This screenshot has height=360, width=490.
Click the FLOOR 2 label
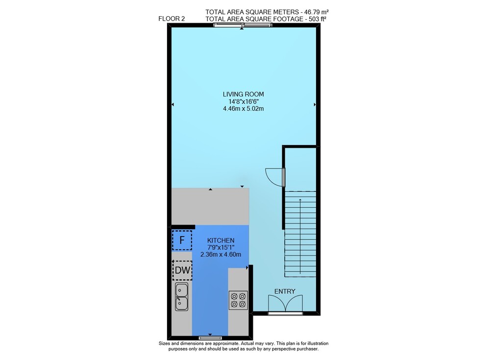tap(171, 19)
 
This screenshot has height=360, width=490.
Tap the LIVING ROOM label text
tap(243, 94)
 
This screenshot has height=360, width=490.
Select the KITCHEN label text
tap(220, 240)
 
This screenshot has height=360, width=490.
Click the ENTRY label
tap(285, 291)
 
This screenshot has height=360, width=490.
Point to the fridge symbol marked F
tap(182, 240)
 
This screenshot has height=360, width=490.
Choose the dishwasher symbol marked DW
tap(182, 270)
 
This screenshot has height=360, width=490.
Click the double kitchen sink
tap(182, 296)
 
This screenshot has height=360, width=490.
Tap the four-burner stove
tap(239, 300)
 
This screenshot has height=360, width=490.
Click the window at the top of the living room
tap(243, 25)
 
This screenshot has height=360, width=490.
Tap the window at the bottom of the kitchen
tap(210, 338)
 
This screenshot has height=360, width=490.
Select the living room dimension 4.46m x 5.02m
tap(243, 109)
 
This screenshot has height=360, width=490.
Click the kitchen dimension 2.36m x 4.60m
tap(220, 254)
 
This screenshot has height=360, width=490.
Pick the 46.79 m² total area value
tap(314, 12)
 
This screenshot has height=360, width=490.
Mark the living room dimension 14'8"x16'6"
tap(244, 101)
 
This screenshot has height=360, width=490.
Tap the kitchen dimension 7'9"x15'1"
tap(221, 247)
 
